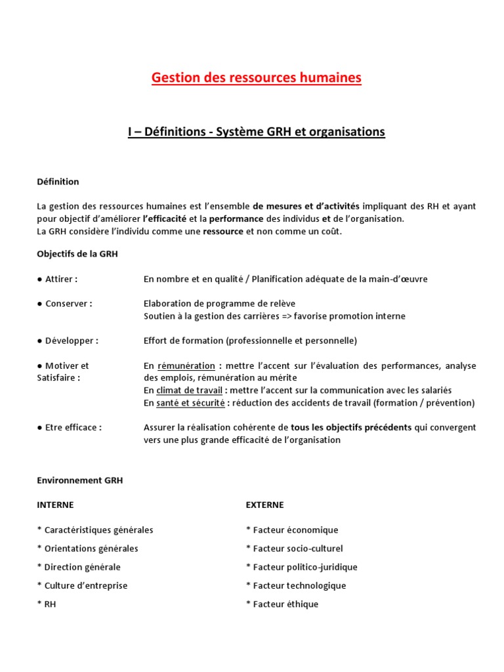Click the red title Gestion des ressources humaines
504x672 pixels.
(x=256, y=78)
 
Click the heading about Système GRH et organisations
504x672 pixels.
(x=256, y=132)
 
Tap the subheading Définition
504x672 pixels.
(x=58, y=182)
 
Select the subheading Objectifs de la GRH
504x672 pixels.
(x=77, y=254)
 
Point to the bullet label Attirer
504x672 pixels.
(x=61, y=279)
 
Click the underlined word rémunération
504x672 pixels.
(x=186, y=366)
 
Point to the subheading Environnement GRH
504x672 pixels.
(x=79, y=480)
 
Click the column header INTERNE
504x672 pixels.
(x=55, y=505)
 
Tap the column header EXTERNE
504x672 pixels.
(x=264, y=505)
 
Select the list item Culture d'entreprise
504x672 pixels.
(x=85, y=585)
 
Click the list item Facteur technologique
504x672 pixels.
(x=299, y=585)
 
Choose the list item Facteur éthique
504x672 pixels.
(x=285, y=604)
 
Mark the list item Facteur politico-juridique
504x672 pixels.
(x=305, y=567)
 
